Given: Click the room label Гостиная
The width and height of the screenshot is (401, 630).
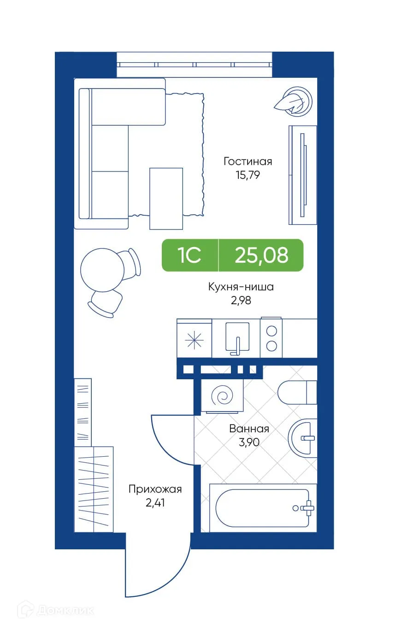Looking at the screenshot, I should (x=248, y=161).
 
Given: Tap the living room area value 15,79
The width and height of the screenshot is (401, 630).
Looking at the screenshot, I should (x=248, y=175).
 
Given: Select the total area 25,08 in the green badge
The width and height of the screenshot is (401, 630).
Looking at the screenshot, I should (x=261, y=255).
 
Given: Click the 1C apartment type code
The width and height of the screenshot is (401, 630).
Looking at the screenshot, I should (x=190, y=255).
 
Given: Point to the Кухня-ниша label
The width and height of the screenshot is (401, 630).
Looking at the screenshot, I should (x=241, y=287).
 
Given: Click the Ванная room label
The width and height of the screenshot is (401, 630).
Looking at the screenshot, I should (x=249, y=429).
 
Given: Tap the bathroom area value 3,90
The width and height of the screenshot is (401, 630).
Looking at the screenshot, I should (x=249, y=442).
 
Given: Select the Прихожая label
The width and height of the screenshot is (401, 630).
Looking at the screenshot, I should (x=155, y=489).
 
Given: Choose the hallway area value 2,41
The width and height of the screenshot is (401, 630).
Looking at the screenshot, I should (x=155, y=503).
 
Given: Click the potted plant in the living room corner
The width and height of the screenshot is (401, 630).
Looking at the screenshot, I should (x=295, y=100).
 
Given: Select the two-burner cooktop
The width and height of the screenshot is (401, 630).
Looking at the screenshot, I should (x=271, y=338).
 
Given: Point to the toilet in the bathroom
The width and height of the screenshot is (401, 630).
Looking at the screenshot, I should (x=298, y=392).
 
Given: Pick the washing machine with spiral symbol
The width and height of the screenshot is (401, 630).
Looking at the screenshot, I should (x=223, y=395).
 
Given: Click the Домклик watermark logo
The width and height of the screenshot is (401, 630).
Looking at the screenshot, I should (x=56, y=610).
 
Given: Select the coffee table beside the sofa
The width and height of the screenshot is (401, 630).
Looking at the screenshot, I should (x=166, y=199).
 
